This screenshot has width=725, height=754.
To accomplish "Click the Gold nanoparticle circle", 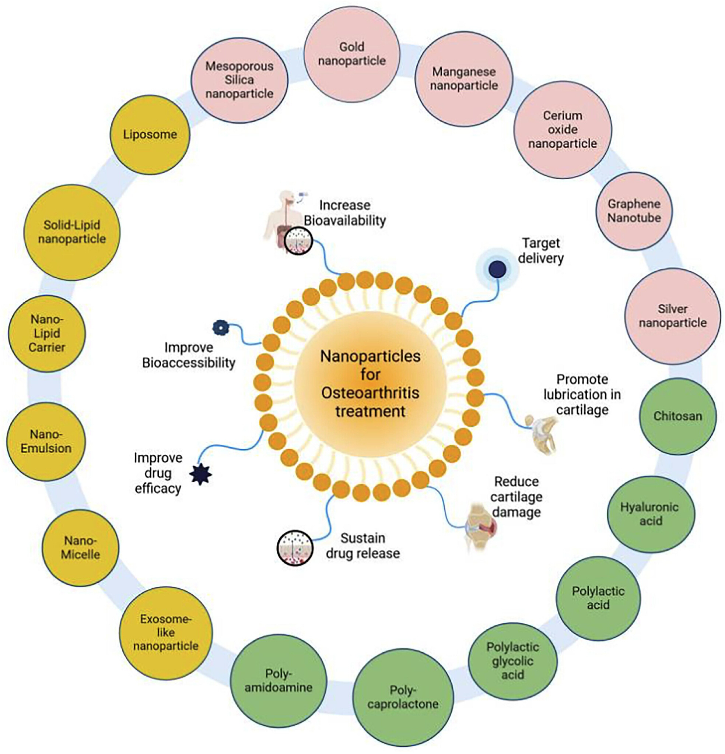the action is [x=352, y=54].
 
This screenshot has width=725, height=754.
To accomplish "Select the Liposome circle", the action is [x=150, y=135].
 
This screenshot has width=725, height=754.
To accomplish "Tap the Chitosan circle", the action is [x=677, y=416].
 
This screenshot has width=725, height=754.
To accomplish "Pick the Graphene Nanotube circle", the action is [x=634, y=211].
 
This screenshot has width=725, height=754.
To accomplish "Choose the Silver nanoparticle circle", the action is [x=673, y=316].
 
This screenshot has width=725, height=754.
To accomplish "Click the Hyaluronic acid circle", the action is [x=651, y=514].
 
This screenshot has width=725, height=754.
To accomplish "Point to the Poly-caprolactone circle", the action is [x=403, y=697].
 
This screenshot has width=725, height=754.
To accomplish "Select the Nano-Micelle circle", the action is [x=80, y=548].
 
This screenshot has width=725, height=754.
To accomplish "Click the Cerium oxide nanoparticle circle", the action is [x=563, y=130].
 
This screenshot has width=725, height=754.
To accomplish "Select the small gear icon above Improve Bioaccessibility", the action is [x=221, y=327].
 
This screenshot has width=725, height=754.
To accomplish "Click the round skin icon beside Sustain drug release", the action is [x=295, y=548].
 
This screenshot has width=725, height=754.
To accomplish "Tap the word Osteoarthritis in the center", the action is [x=370, y=393].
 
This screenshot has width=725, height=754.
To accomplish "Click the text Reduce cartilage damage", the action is [x=516, y=497].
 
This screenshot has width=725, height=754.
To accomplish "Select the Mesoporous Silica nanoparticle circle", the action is [x=239, y=80].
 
